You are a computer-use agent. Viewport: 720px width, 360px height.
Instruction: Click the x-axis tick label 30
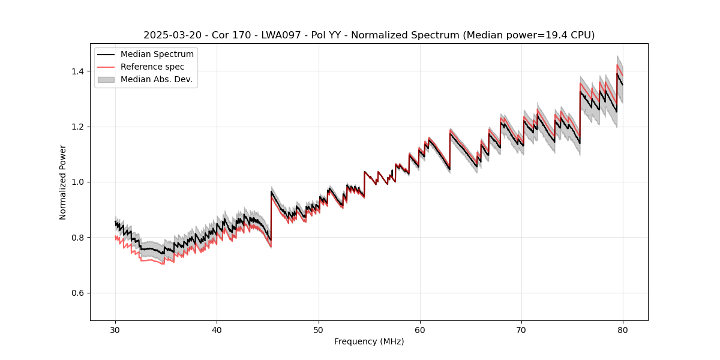click(x=115, y=330)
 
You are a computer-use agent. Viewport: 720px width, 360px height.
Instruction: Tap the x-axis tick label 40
click(x=217, y=330)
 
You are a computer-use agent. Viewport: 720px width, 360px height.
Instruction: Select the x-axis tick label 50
click(x=319, y=330)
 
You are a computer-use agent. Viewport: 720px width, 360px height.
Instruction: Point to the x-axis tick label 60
click(x=420, y=330)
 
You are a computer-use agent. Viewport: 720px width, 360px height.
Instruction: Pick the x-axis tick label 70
click(x=521, y=330)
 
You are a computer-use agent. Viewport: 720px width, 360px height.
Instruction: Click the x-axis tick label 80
click(x=623, y=330)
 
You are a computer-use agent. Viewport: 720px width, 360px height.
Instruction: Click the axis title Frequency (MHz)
click(x=369, y=341)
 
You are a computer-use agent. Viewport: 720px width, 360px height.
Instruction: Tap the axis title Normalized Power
click(x=63, y=182)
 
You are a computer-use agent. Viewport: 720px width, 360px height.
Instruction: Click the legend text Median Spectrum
click(x=157, y=55)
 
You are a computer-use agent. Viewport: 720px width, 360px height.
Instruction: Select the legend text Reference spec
click(x=152, y=67)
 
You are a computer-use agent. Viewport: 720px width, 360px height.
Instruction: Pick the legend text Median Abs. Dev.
click(x=157, y=79)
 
